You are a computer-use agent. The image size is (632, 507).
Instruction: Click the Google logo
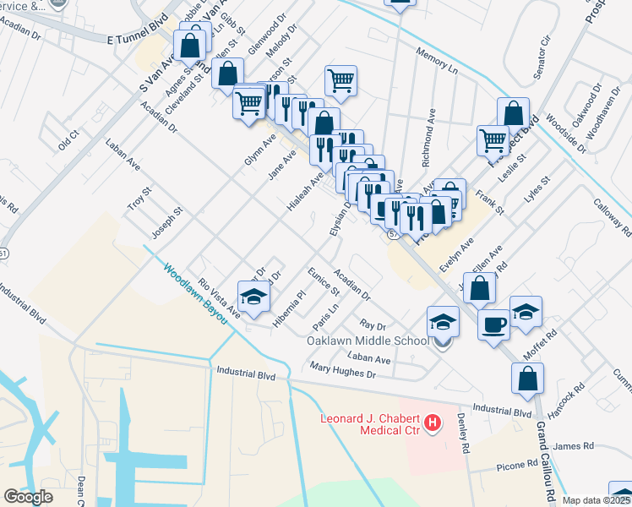coord(28,497)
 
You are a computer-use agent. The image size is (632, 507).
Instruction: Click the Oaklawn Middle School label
coord(368,341)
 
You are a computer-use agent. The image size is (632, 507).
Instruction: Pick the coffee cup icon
coord(493,324)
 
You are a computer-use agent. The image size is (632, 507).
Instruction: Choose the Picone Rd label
coord(520,464)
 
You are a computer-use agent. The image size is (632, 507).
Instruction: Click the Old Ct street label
coord(68,139)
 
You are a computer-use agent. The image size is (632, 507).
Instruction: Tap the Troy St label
coord(137,201)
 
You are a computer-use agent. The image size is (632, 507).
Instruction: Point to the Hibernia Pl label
coord(289,308)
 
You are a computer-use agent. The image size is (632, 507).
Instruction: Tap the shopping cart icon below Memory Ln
coord(340,81)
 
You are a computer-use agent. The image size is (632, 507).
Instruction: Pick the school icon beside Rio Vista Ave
coord(253,297)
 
